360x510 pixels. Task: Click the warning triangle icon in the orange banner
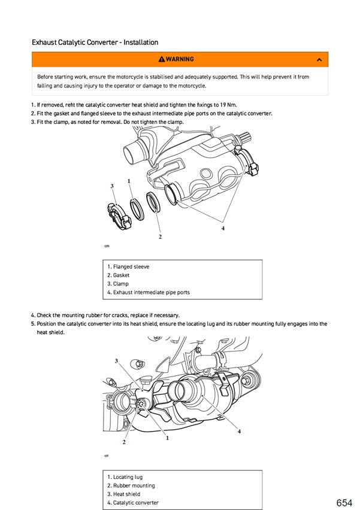click(161, 59)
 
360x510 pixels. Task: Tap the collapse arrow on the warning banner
click(319, 59)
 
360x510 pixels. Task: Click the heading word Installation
click(138, 42)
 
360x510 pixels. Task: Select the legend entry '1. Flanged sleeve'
click(128, 266)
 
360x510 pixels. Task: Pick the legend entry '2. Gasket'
click(118, 275)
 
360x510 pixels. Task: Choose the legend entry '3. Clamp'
click(117, 284)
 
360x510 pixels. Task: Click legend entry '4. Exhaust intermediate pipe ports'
click(148, 293)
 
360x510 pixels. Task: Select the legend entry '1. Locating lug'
click(125, 477)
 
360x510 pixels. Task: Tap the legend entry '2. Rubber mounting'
click(131, 485)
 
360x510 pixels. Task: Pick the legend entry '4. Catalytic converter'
click(132, 503)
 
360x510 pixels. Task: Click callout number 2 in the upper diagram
click(160, 237)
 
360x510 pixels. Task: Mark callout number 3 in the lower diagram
click(116, 361)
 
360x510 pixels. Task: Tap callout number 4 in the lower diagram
click(239, 431)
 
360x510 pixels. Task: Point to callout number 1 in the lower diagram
click(167, 438)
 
